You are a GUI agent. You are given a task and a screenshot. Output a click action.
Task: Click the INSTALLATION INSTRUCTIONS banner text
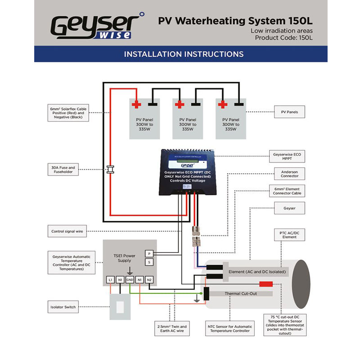(184, 54)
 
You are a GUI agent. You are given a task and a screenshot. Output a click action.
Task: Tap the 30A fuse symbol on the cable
(110, 170)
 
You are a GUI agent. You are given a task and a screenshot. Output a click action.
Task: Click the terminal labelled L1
(110, 280)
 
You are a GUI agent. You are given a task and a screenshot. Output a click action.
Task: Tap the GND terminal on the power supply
(130, 280)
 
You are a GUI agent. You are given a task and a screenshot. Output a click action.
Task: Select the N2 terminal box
(149, 280)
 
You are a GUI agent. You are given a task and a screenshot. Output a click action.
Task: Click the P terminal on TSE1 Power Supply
(149, 254)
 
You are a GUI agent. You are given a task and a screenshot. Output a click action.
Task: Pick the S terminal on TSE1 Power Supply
(149, 262)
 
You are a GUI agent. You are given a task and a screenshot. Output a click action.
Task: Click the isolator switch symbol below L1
(120, 307)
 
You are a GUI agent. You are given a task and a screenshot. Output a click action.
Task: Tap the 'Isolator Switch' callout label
(63, 307)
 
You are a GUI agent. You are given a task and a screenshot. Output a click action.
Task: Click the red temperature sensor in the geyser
(265, 284)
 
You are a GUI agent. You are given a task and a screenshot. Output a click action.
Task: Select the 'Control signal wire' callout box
(67, 232)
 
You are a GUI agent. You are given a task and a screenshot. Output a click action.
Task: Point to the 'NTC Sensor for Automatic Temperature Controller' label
(229, 328)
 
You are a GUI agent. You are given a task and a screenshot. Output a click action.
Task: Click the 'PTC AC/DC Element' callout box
(290, 235)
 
